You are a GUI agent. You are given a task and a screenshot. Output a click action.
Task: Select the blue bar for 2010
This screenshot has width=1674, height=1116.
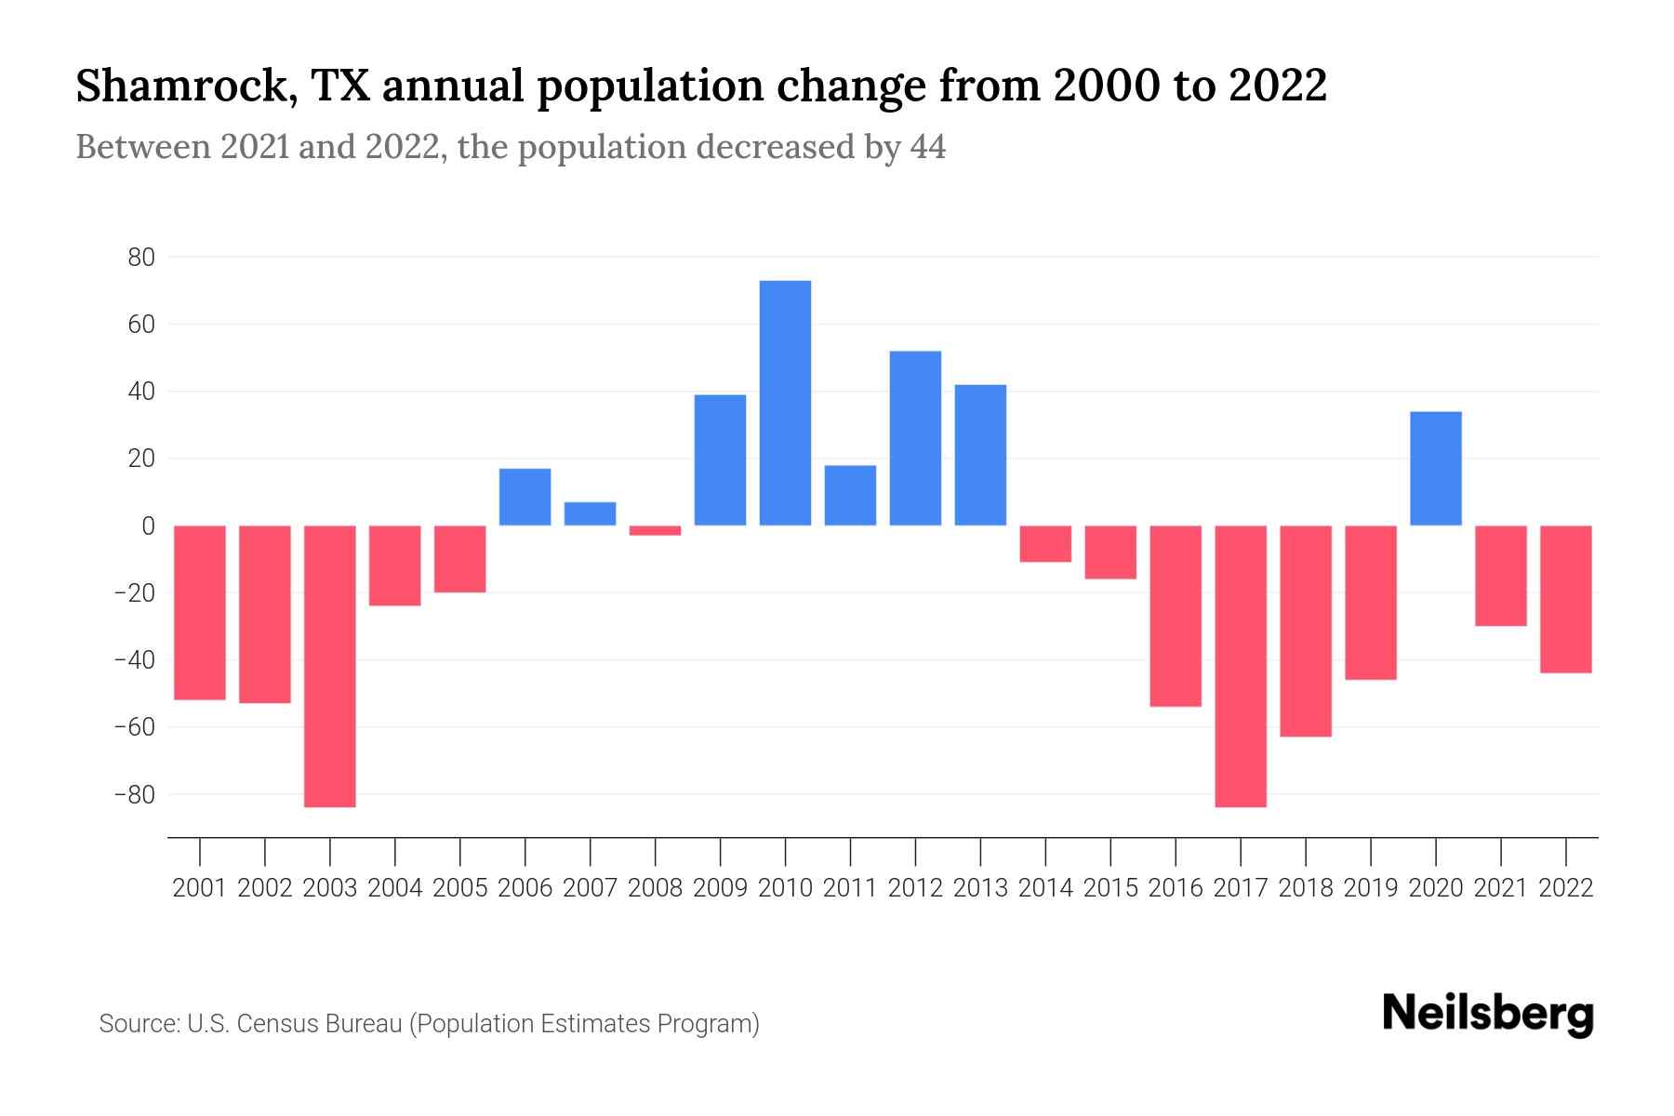785,403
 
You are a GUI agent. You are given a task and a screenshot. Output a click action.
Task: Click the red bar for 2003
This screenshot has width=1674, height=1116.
330,666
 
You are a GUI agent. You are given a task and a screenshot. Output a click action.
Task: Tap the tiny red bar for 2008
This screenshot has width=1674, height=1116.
655,530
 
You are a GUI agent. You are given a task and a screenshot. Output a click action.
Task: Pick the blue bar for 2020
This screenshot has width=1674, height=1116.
1436,468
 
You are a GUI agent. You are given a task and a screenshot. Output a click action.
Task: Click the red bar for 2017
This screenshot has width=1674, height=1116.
1241,666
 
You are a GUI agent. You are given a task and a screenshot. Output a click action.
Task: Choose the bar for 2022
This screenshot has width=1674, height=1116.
1566,599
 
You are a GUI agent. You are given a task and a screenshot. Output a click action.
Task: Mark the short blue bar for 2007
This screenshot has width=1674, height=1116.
590,513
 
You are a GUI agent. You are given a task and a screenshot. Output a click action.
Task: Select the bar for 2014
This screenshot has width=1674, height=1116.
1045,543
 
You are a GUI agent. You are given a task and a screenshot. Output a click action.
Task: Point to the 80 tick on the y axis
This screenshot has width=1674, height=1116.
141,258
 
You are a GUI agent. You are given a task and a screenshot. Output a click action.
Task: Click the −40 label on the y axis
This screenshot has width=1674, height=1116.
134,660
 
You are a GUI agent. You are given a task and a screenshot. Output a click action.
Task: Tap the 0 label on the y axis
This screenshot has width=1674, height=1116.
148,526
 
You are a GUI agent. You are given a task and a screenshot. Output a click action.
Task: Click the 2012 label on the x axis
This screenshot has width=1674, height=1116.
915,888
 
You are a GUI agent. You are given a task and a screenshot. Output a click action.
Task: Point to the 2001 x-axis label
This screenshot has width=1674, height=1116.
200,888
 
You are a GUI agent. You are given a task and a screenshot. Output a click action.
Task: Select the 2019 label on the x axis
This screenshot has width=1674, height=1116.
1371,888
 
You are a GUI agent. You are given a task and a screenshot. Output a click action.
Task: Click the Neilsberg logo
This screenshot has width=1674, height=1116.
1488,1015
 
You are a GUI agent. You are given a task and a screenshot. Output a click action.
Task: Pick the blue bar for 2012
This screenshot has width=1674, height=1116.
915,438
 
